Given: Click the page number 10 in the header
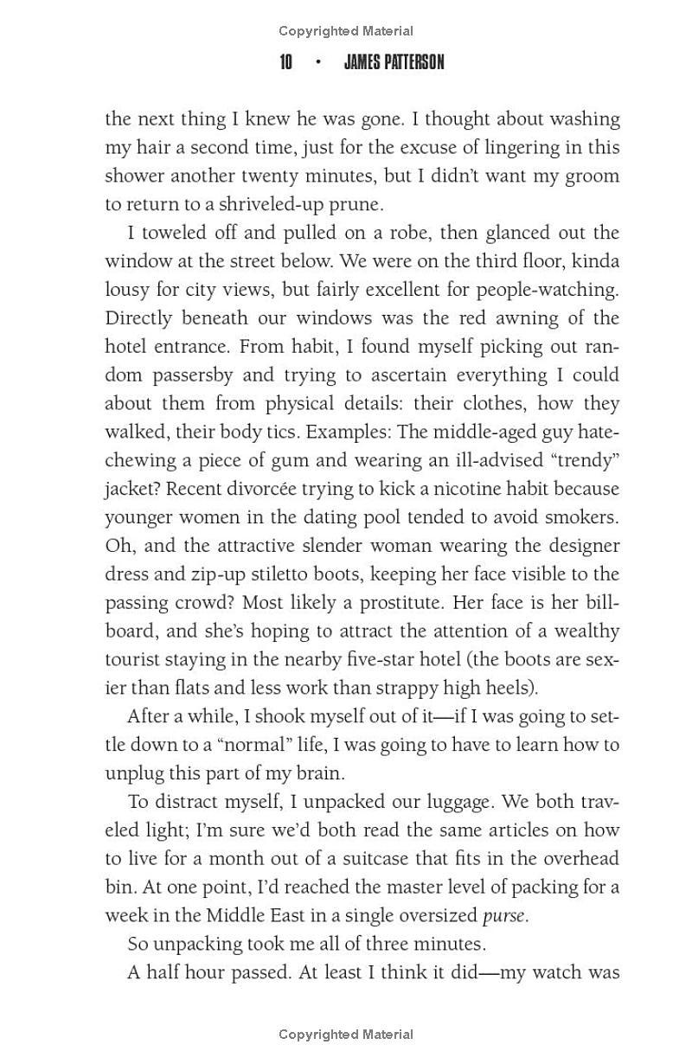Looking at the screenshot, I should [x=285, y=62].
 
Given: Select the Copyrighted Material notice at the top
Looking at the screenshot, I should [x=346, y=31].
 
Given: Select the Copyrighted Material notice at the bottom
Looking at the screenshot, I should [x=346, y=1034].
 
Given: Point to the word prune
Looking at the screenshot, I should [x=356, y=204].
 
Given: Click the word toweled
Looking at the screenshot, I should [x=175, y=233].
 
